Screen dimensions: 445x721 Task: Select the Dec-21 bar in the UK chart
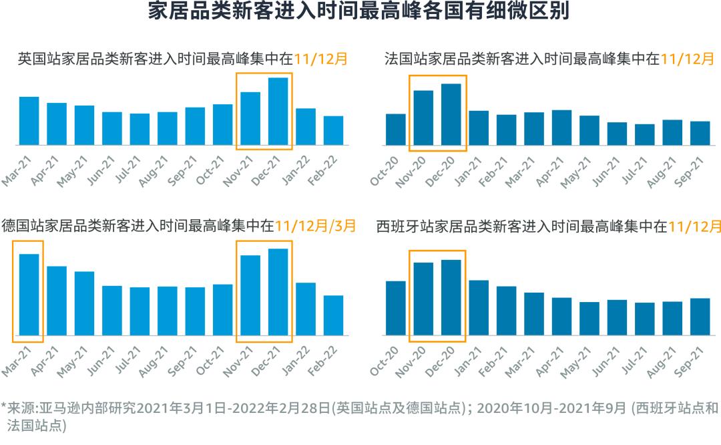pyautogui.click(x=278, y=112)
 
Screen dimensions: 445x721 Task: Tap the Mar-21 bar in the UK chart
pyautogui.click(x=29, y=121)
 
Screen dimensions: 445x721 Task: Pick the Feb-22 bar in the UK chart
pyautogui.click(x=333, y=131)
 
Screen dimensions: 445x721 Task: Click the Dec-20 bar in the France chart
pyautogui.click(x=451, y=114)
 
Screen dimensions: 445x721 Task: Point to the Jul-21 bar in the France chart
pyautogui.click(x=644, y=135)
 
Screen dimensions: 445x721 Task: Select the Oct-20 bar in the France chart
pyautogui.click(x=396, y=130)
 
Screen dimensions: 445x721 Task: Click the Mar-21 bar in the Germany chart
pyautogui.click(x=29, y=295)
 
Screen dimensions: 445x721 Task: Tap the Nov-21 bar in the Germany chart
pyautogui.click(x=250, y=295)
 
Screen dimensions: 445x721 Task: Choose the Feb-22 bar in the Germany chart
pyautogui.click(x=333, y=315)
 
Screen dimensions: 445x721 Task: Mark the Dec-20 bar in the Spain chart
pyautogui.click(x=451, y=297)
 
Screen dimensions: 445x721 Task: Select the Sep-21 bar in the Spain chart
pyautogui.click(x=700, y=317)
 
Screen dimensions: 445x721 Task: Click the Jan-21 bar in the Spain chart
pyautogui.click(x=479, y=307)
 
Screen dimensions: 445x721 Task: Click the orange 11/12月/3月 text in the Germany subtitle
pyautogui.click(x=315, y=225)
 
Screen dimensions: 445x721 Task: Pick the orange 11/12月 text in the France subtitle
pyautogui.click(x=688, y=59)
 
